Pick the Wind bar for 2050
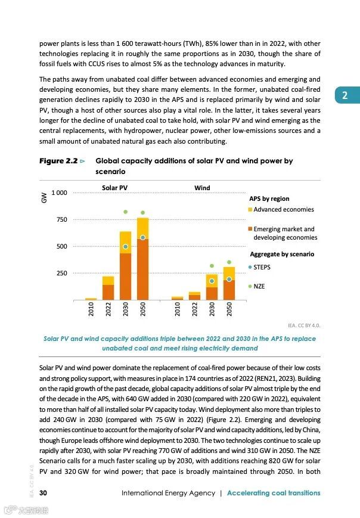click(229, 283)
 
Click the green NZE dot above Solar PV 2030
click(125, 212)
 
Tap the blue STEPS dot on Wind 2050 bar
click(229, 279)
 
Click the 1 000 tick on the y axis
click(59, 193)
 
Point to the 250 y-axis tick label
click(61, 273)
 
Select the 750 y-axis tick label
click(61, 220)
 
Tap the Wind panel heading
click(202, 188)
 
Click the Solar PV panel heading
click(114, 188)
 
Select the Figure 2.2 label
click(58, 161)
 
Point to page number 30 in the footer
click(44, 493)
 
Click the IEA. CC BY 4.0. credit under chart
click(303, 325)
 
